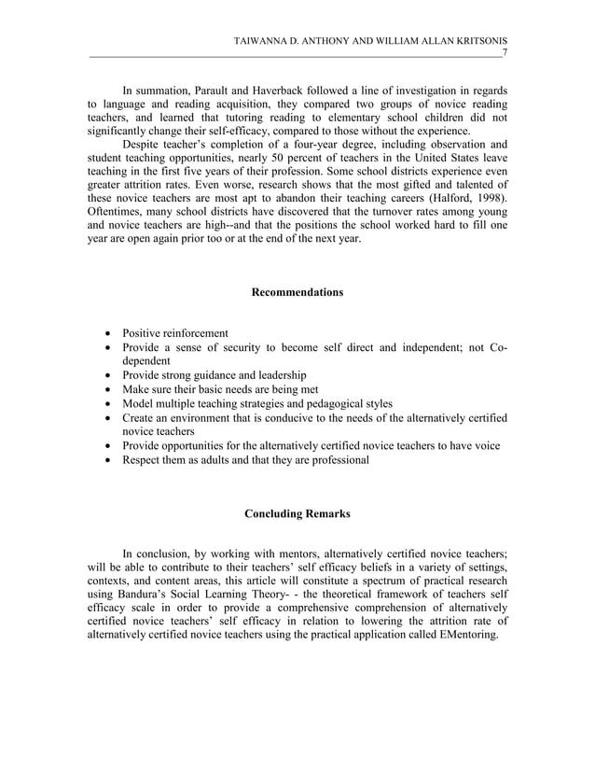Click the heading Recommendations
point(297,293)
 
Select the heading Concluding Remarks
point(297,513)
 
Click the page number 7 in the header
point(505,53)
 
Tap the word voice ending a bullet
point(485,446)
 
